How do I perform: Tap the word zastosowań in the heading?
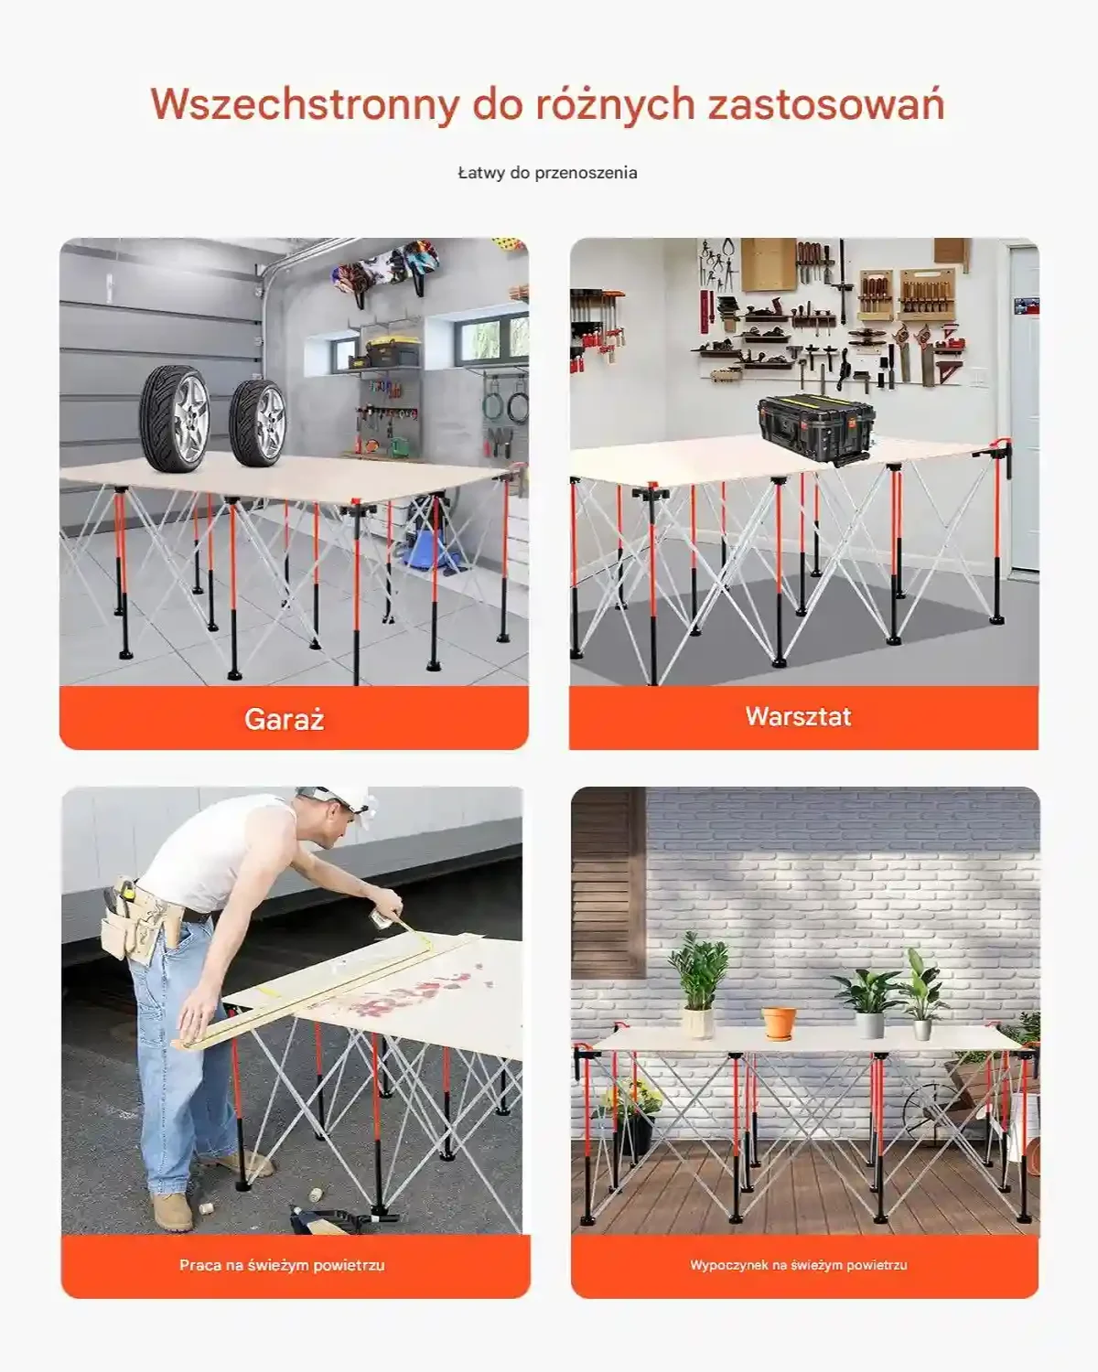click(825, 104)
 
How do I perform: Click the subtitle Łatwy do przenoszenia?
click(547, 173)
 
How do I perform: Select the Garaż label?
click(284, 719)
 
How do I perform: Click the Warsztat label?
click(798, 716)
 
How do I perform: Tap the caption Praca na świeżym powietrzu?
click(282, 1265)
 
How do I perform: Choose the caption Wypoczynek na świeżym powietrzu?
click(798, 1265)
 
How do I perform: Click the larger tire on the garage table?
click(175, 418)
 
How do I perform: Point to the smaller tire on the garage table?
click(258, 423)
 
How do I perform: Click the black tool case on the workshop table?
click(815, 427)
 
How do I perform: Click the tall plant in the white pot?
click(700, 984)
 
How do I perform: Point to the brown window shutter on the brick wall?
click(608, 883)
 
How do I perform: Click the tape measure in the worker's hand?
click(381, 918)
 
